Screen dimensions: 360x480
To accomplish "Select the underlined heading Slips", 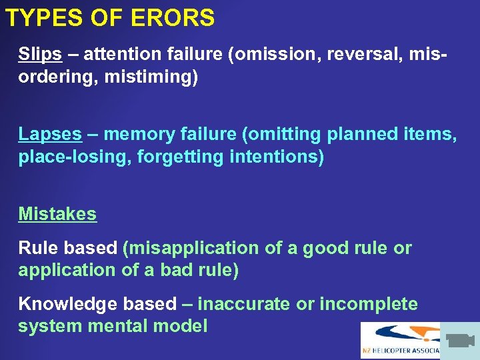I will [x=39, y=53].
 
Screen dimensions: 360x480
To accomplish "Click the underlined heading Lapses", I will [x=50, y=134].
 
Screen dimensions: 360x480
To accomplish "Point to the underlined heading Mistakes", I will [x=57, y=214].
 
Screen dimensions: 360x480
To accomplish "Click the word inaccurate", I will [x=245, y=304].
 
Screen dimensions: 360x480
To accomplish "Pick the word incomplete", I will [x=369, y=304].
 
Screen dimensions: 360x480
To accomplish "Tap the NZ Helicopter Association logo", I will [x=400, y=340].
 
